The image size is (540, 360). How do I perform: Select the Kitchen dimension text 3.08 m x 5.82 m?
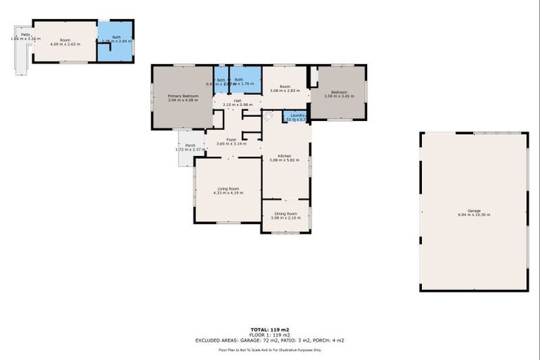point(285,160)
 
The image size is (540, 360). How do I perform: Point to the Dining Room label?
point(285,213)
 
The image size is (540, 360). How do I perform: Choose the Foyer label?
point(231,139)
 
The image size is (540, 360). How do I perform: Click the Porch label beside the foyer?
point(190,145)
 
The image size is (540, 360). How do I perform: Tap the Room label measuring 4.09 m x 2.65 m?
point(65,39)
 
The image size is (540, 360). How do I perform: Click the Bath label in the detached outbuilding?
point(117,37)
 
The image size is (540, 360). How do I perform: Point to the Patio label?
point(25,34)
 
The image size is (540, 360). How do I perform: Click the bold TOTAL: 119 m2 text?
point(269,329)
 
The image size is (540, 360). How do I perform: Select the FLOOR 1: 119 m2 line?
point(270,334)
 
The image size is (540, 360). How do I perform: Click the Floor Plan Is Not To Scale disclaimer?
point(270,349)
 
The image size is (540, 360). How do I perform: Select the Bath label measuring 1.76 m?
point(239,79)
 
